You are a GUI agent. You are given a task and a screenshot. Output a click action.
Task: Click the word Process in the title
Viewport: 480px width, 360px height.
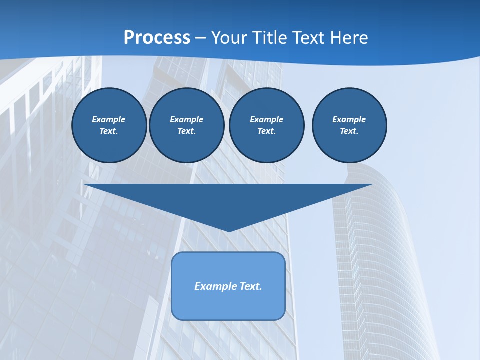pos(157,38)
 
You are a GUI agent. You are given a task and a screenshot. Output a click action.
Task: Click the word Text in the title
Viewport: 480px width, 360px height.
pos(309,38)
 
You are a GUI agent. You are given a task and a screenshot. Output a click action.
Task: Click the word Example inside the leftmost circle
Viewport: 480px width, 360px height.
pos(109,119)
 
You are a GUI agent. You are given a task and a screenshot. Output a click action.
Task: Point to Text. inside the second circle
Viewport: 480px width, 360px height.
pos(186,131)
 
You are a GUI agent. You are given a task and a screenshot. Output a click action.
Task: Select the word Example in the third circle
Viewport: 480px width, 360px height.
pos(266,119)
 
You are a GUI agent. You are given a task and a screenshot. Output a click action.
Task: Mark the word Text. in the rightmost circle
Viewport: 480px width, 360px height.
pos(349,131)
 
